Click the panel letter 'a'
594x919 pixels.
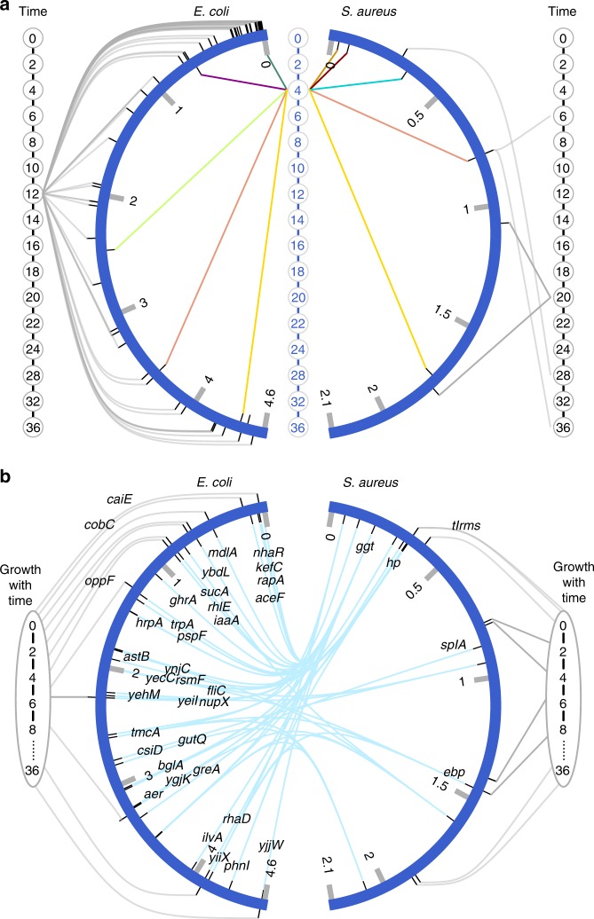click(8, 12)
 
